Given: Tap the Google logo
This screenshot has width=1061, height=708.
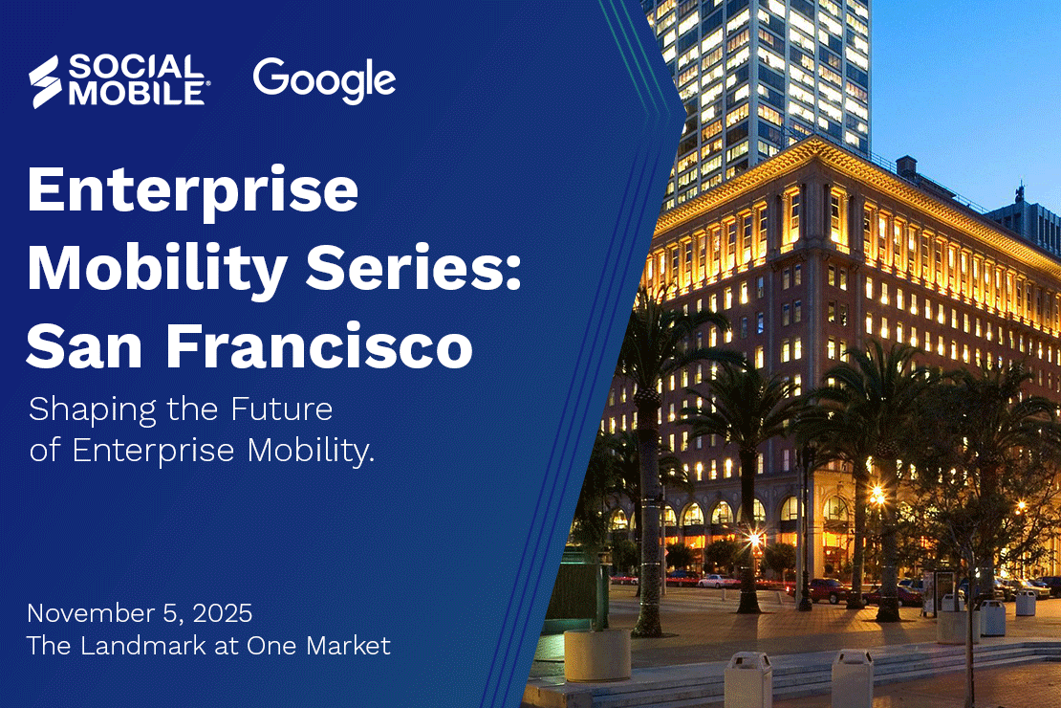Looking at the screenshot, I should (324, 81).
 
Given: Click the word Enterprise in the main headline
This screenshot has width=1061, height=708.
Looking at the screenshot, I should (192, 191).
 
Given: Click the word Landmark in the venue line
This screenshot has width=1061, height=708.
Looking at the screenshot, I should (142, 646).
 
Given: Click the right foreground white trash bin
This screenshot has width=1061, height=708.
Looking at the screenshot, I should (851, 678).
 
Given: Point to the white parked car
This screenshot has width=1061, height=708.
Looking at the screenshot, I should (718, 580).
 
